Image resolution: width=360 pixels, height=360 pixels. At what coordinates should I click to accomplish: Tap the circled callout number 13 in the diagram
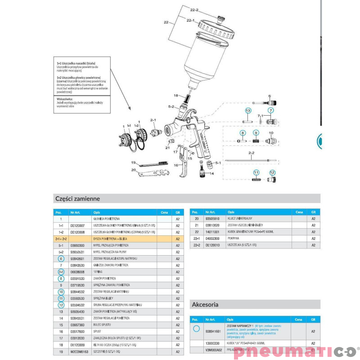[x=247, y=110]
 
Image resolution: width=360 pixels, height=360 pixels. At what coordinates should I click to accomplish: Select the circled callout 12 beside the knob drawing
[x=272, y=172]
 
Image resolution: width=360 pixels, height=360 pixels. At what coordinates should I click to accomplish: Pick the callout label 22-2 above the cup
[x=194, y=10]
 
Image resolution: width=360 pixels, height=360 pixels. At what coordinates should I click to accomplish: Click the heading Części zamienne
[x=77, y=198]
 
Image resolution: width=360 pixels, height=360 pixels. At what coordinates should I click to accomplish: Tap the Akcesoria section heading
[x=205, y=304]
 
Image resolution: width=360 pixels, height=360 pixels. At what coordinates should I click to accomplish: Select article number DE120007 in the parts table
[x=77, y=225]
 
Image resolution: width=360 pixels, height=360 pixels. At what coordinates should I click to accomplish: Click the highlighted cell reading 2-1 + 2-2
[x=61, y=239]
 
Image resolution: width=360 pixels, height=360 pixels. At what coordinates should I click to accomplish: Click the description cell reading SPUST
[x=98, y=332]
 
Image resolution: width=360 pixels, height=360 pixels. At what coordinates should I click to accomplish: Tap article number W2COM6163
[x=79, y=351]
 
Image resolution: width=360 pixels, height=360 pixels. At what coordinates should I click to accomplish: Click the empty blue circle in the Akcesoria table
[x=196, y=329]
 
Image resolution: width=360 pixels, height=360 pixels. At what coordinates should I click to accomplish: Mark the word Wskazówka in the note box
[x=65, y=99]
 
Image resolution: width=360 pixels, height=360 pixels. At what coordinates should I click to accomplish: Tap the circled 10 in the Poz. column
[x=61, y=292]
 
